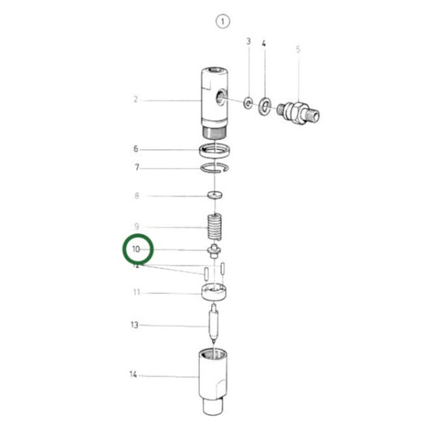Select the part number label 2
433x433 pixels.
click(136, 100)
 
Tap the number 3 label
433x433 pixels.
click(248, 41)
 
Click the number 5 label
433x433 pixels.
click(298, 49)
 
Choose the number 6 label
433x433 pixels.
click(136, 149)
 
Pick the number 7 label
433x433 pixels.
click(136, 167)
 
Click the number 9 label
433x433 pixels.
click(136, 227)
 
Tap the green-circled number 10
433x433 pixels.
click(136, 249)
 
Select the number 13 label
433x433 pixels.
click(135, 325)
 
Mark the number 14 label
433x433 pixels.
click(134, 375)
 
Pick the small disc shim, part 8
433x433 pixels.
click(216, 196)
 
